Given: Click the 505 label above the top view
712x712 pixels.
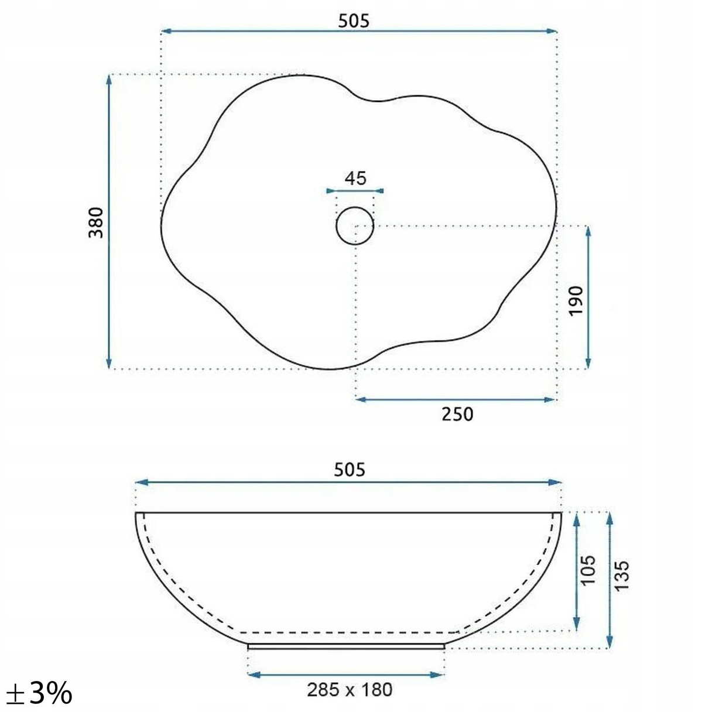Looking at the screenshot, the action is click(x=354, y=21).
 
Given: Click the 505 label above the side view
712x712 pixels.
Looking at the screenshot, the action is click(x=349, y=470).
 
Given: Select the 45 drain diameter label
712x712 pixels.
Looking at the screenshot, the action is click(x=355, y=178).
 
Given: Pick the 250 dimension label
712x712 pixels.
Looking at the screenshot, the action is click(x=457, y=414).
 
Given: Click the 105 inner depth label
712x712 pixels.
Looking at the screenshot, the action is click(x=588, y=570).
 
